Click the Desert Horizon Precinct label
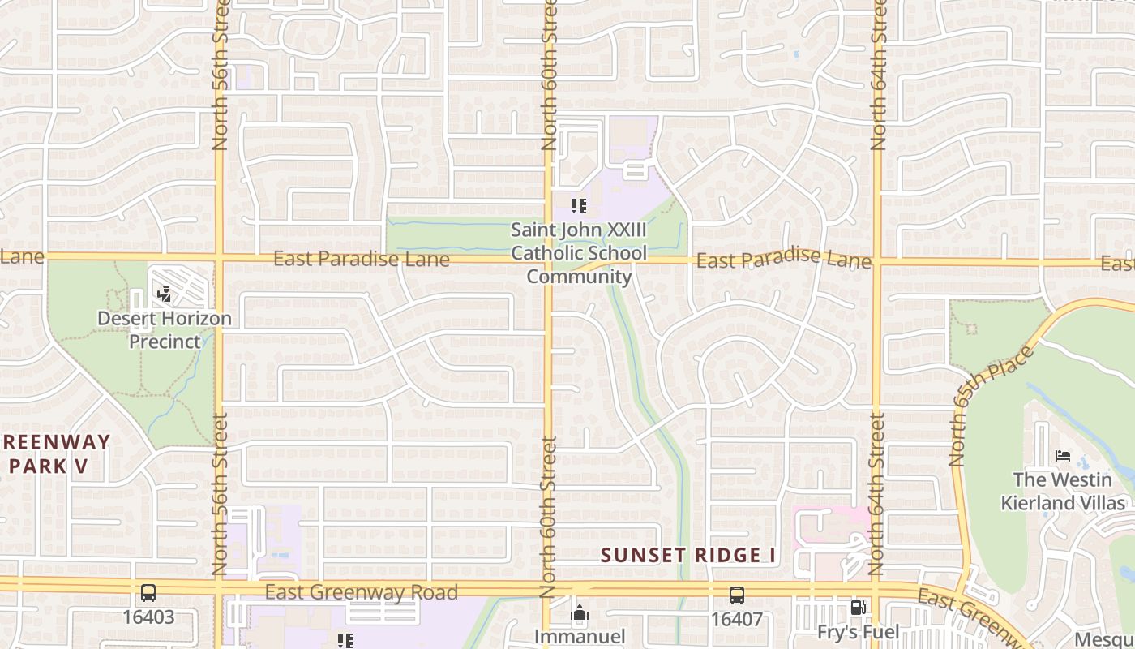click(x=165, y=329)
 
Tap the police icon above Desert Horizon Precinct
click(x=165, y=294)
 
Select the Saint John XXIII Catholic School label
click(x=579, y=253)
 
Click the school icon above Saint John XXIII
click(x=578, y=206)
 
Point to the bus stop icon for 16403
click(x=148, y=593)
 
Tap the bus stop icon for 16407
click(x=736, y=595)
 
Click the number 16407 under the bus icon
click(x=736, y=620)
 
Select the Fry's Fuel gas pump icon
click(x=858, y=608)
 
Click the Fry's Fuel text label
click(x=858, y=632)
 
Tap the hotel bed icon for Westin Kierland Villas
click(x=1063, y=456)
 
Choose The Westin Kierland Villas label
click(x=1063, y=491)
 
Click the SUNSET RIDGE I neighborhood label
click(x=688, y=556)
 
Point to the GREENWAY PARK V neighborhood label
click(x=57, y=454)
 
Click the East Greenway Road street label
click(x=361, y=592)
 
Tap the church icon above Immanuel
click(x=579, y=614)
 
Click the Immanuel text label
click(x=579, y=637)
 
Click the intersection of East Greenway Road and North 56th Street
click(x=219, y=586)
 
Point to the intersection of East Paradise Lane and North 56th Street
click(x=219, y=258)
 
